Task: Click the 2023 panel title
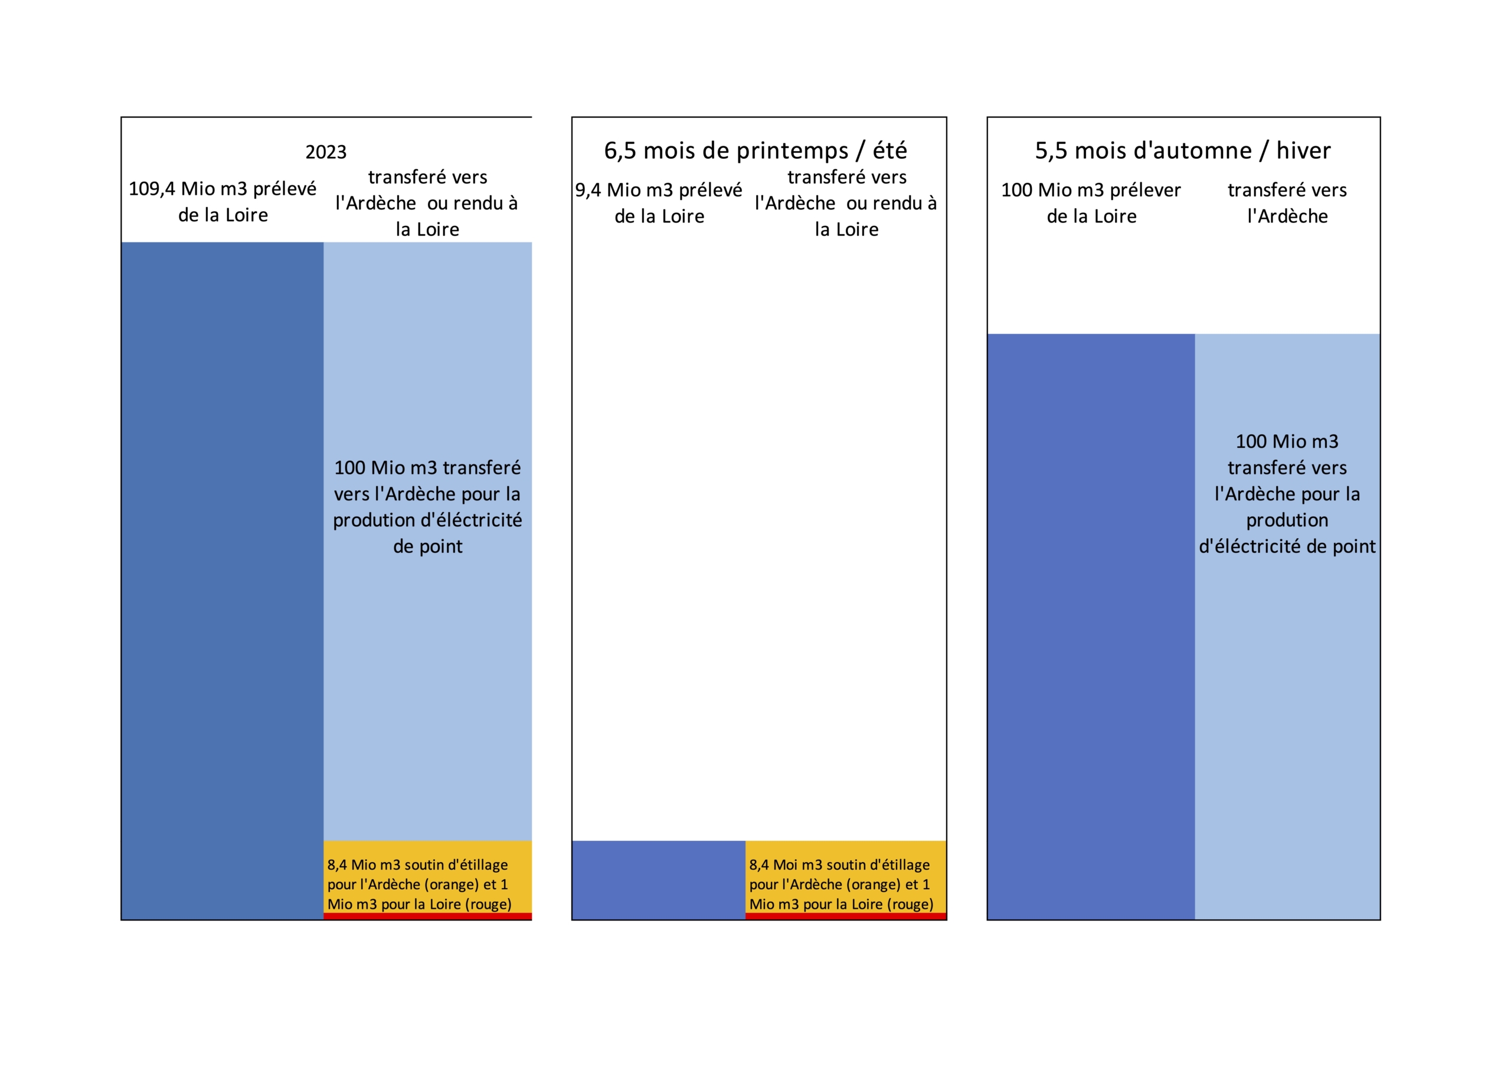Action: [326, 152]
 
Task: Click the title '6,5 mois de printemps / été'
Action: [755, 150]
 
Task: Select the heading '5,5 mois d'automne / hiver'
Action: [1183, 150]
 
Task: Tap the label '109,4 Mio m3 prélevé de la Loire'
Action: [223, 202]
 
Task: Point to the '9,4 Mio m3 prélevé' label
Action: [659, 190]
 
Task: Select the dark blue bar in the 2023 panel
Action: [223, 579]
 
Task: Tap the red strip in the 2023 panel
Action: [428, 916]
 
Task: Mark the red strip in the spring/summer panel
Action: [846, 916]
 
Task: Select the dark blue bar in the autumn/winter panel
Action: [1091, 625]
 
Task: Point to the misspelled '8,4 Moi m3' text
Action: [786, 864]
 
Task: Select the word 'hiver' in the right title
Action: [1303, 150]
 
